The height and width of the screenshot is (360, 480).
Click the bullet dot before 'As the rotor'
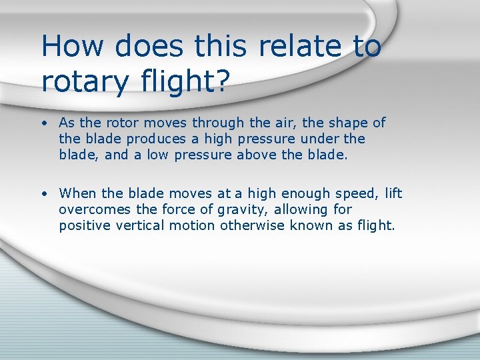click(42, 123)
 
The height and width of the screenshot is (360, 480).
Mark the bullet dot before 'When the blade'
click(42, 194)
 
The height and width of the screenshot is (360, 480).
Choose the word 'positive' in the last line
click(83, 226)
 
